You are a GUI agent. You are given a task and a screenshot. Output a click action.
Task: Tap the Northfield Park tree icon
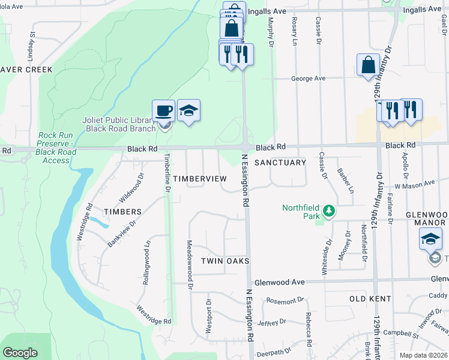tap(328, 211)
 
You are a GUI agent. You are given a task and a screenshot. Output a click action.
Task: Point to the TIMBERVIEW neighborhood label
tap(200, 179)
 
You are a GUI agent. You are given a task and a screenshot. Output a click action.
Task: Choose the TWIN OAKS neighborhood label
tap(224, 261)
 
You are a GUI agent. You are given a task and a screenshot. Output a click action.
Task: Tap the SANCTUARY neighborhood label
tap(280, 163)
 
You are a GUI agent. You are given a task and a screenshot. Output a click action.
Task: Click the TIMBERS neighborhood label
tap(122, 212)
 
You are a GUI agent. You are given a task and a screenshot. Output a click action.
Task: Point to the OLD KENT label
tap(370, 298)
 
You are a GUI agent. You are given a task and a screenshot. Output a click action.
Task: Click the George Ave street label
tap(308, 79)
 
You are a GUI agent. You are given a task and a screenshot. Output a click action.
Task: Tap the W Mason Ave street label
tap(414, 183)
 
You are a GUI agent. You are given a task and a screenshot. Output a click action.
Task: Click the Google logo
tap(20, 353)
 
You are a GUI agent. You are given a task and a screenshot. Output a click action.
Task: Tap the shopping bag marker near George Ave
tap(368, 65)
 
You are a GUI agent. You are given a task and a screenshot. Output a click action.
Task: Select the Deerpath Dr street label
tap(274, 351)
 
